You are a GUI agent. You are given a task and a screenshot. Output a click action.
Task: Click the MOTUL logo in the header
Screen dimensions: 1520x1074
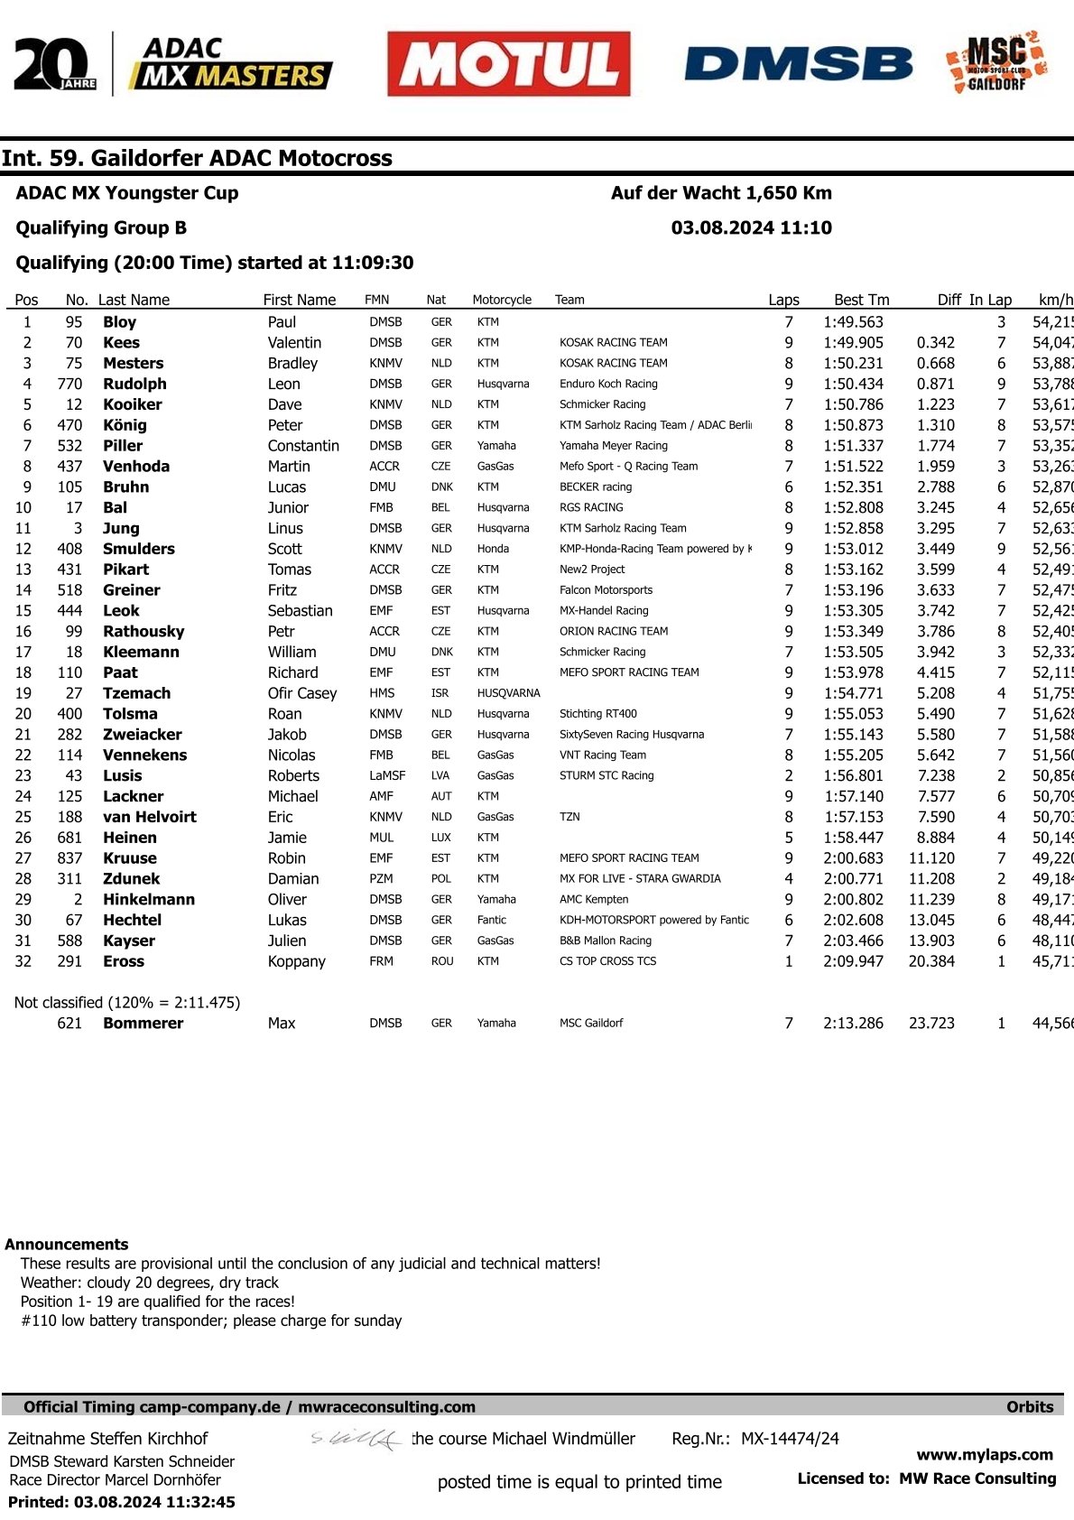click(x=509, y=64)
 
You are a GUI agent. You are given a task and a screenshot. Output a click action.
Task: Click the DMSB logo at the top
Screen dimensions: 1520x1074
click(x=799, y=64)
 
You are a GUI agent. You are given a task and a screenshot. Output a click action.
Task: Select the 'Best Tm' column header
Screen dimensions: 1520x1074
click(x=861, y=300)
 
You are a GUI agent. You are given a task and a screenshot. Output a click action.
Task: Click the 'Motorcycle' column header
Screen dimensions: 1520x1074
click(x=502, y=300)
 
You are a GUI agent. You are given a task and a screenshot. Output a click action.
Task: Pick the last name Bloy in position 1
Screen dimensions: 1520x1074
click(x=119, y=322)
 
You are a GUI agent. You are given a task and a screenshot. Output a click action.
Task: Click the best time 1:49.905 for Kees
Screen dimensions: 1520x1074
click(x=853, y=343)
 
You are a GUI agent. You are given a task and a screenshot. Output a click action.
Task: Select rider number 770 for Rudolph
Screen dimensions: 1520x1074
click(x=69, y=384)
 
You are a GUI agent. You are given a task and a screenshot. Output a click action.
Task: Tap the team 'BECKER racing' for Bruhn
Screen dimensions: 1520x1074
click(x=596, y=487)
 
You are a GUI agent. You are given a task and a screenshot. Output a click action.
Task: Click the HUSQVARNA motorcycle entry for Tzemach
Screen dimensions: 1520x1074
click(x=508, y=693)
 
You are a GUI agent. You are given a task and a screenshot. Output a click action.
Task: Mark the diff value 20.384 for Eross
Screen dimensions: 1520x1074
click(x=931, y=961)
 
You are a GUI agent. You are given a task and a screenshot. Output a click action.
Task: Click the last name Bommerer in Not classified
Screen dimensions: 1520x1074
click(x=143, y=1023)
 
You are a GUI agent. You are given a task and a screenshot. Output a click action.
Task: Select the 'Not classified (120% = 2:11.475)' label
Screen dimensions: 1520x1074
click(x=127, y=1003)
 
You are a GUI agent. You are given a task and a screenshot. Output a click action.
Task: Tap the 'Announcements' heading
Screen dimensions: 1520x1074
click(x=67, y=1244)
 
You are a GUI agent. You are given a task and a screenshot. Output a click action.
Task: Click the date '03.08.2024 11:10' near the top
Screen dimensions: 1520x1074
click(x=751, y=228)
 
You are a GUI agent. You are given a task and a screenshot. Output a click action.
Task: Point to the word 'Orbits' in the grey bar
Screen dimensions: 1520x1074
click(x=1030, y=1406)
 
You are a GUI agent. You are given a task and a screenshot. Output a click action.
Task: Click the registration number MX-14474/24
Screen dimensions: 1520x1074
click(x=790, y=1439)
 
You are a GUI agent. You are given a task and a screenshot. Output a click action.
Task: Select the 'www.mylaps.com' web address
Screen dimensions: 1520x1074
click(x=985, y=1454)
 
